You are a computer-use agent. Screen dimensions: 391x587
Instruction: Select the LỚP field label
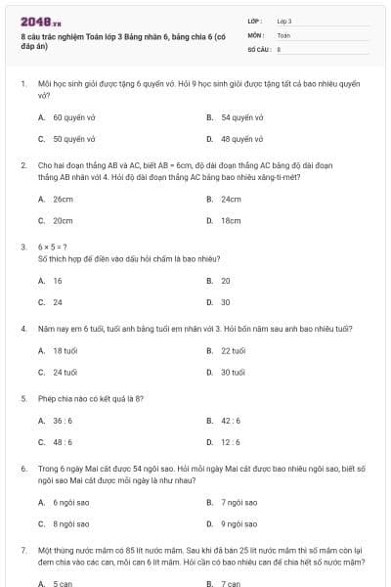(x=256, y=20)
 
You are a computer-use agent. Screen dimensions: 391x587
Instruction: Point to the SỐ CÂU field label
(x=258, y=48)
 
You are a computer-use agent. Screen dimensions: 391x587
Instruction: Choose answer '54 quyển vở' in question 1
(x=239, y=117)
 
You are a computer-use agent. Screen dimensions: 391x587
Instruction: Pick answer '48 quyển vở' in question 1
(x=239, y=139)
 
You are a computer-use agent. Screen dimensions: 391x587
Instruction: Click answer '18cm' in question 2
(x=231, y=220)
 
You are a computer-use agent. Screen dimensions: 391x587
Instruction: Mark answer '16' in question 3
(x=58, y=281)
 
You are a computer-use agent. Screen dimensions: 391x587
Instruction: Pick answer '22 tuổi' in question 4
(x=233, y=350)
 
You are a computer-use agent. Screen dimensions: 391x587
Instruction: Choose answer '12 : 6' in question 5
(x=231, y=442)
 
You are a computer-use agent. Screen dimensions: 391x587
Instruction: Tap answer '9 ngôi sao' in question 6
(x=239, y=523)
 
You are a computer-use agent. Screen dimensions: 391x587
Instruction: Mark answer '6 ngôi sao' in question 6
(x=70, y=502)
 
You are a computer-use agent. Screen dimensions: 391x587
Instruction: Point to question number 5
(x=23, y=399)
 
